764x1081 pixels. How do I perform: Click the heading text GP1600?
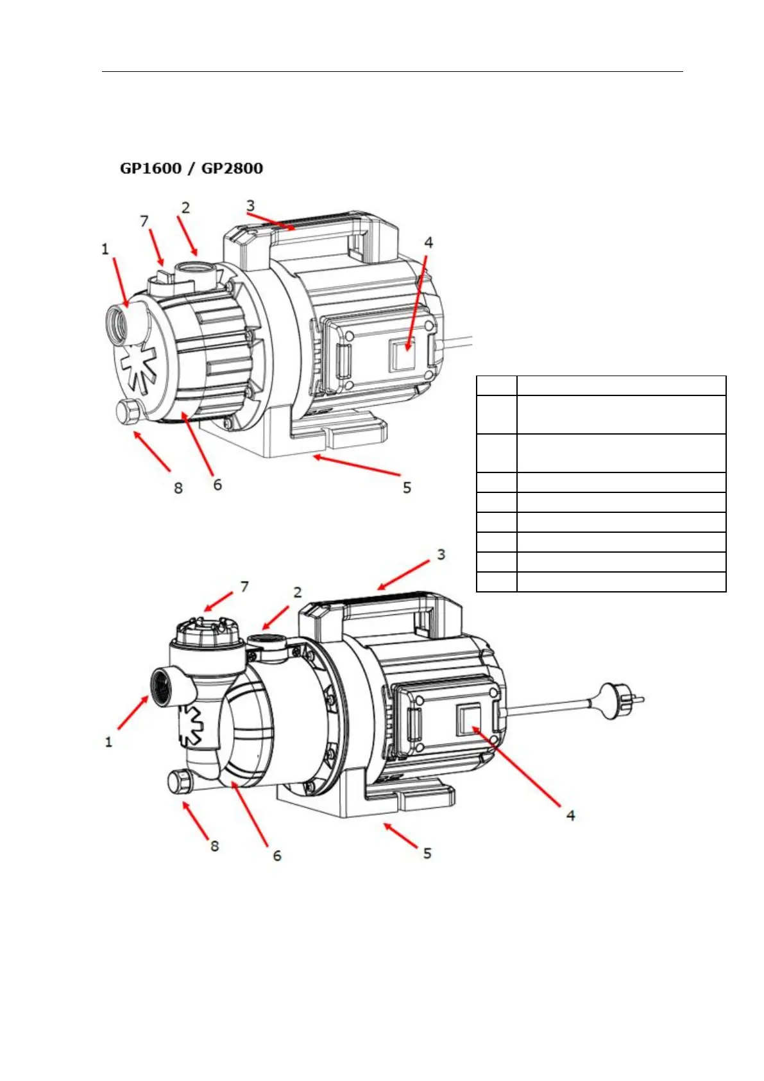[x=151, y=169]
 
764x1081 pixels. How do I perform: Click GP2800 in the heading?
[x=232, y=169]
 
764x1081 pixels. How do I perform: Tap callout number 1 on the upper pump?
[x=105, y=249]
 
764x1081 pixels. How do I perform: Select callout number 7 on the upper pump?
[x=144, y=221]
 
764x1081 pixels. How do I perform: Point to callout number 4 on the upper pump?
[x=429, y=243]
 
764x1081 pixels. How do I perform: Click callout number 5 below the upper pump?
[x=407, y=488]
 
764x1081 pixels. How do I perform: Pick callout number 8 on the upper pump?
[x=178, y=488]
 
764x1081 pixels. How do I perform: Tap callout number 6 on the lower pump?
[x=277, y=855]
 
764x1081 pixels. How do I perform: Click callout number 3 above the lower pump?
[x=441, y=554]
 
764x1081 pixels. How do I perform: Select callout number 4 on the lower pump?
[x=570, y=815]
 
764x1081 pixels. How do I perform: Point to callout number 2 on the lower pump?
[x=298, y=592]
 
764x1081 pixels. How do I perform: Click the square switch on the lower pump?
[x=468, y=720]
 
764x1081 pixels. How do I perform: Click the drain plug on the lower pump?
[x=178, y=783]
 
